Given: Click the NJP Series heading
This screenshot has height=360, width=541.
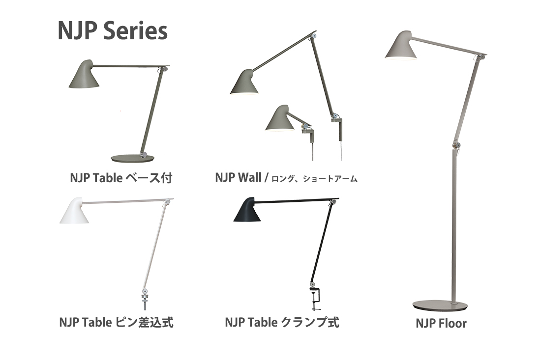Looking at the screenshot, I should point(113,31).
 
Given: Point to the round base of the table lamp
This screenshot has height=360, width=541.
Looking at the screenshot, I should point(132,158).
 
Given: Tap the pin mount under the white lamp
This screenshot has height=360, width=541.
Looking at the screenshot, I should point(145,300).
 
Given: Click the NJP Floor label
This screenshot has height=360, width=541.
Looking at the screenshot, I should point(441,323).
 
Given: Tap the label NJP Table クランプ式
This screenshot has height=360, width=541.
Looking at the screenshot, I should point(282,323).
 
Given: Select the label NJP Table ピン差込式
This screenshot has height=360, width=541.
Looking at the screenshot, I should point(116,323).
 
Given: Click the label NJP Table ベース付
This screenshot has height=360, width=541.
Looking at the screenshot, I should point(121,178).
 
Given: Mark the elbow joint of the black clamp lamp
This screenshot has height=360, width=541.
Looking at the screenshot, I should point(335,201).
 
